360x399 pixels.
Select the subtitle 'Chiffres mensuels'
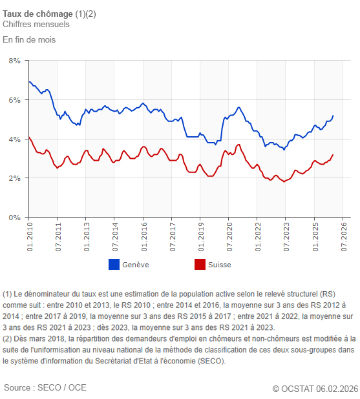[x=36, y=25]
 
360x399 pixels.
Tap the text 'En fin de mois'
[x=29, y=39]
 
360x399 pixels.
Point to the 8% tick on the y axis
[x=14, y=61]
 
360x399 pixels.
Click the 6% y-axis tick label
[x=14, y=100]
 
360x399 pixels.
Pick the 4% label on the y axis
[x=14, y=139]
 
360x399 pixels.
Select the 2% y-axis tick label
[x=14, y=178]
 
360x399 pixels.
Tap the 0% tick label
[x=14, y=218]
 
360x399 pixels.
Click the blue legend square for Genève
[x=114, y=265]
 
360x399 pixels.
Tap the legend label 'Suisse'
[x=219, y=265]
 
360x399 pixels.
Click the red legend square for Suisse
[x=200, y=265]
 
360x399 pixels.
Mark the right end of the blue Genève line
[x=333, y=116]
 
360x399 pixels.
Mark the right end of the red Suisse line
[x=333, y=155]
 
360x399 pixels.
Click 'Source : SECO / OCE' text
[x=45, y=387]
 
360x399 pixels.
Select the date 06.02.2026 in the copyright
[x=337, y=388]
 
